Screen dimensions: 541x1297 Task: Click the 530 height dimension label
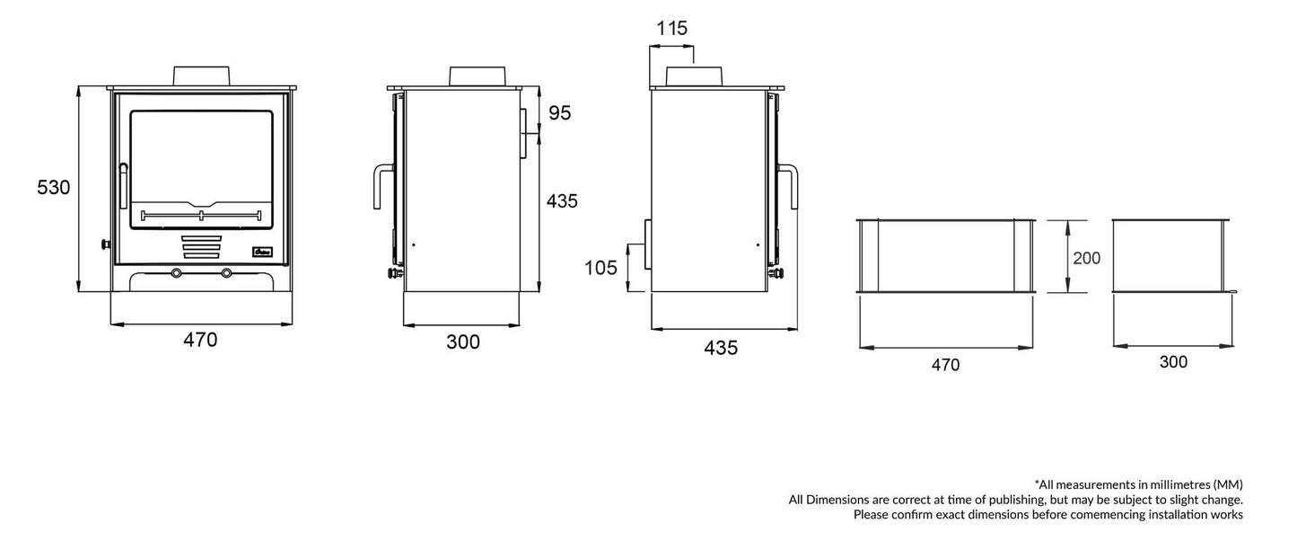tap(53, 188)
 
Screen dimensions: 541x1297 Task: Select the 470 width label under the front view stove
tap(200, 341)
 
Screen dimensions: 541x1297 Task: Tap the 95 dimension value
tap(559, 113)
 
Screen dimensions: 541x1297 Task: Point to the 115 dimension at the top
tap(671, 29)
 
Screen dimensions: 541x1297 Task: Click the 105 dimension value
tap(601, 268)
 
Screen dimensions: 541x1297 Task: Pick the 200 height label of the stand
tap(1086, 258)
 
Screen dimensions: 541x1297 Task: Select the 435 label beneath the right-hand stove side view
tap(721, 348)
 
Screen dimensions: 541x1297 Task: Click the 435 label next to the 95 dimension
tap(562, 201)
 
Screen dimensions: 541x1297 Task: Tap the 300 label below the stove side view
tap(463, 342)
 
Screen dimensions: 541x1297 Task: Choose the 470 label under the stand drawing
tap(945, 365)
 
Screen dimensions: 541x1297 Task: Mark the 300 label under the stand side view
tap(1172, 362)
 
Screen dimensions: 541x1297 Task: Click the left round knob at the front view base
tap(177, 272)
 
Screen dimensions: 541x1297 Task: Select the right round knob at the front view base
tap(226, 272)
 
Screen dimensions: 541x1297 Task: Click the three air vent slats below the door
tap(201, 246)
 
